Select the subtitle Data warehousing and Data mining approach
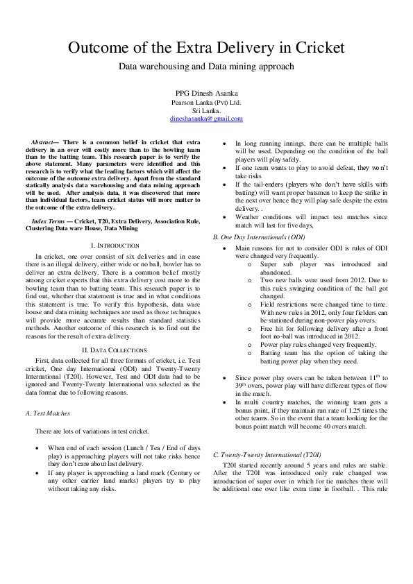[206, 67]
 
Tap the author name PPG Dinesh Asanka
[206, 92]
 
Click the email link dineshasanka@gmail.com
[206, 119]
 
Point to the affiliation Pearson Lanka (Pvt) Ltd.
[206, 101]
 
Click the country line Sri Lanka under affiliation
[206, 110]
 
